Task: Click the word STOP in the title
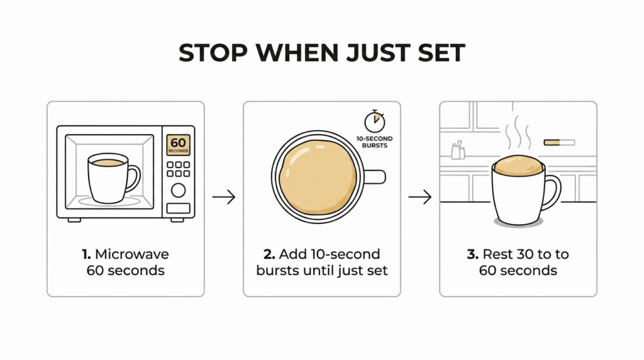click(x=213, y=53)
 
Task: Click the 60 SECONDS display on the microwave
click(x=178, y=145)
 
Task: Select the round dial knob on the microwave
click(x=178, y=190)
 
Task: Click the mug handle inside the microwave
click(x=133, y=178)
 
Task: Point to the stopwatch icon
click(x=375, y=121)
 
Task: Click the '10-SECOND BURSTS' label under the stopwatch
click(x=375, y=142)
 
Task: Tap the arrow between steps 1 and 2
click(x=224, y=197)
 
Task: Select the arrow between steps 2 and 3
click(x=420, y=197)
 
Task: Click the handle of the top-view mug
click(x=375, y=177)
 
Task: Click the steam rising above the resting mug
click(x=518, y=132)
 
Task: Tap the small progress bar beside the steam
click(x=559, y=143)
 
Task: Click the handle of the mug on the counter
click(x=552, y=191)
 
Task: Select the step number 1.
click(x=86, y=254)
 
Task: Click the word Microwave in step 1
click(x=132, y=254)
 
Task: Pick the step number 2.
click(x=269, y=254)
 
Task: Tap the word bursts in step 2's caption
click(x=277, y=271)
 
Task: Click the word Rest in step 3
click(x=497, y=254)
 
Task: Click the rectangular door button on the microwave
click(x=178, y=208)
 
